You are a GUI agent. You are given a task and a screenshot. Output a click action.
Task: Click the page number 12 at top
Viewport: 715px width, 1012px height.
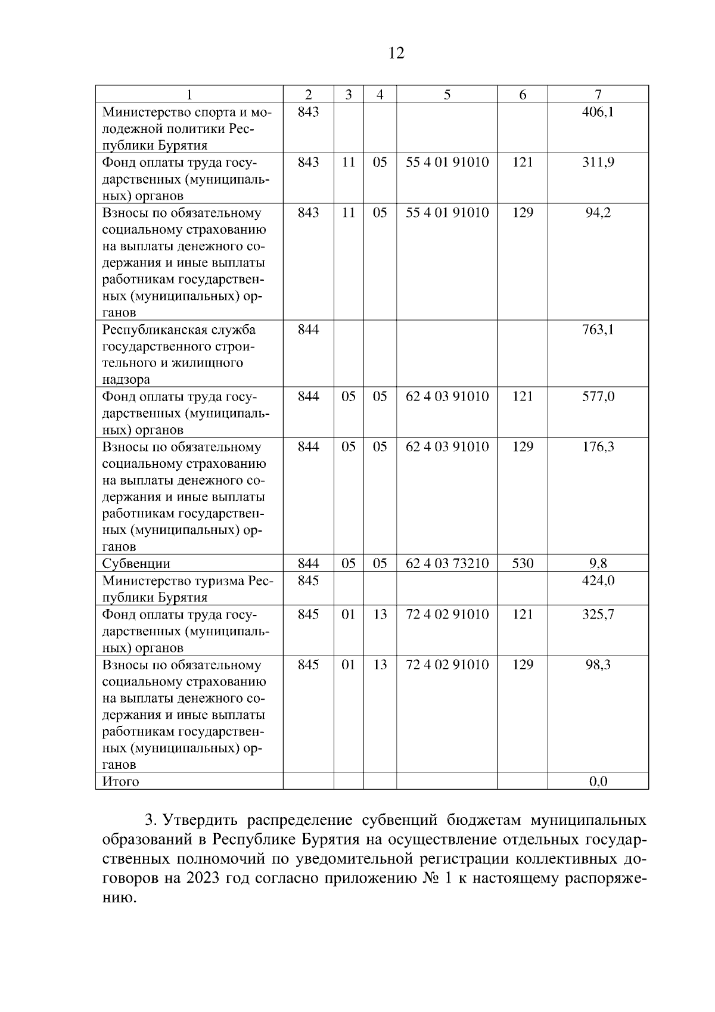pos(396,54)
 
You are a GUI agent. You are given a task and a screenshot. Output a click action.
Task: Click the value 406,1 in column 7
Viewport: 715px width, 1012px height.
pos(598,111)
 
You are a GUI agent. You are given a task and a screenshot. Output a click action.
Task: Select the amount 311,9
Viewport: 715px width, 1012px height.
pos(598,162)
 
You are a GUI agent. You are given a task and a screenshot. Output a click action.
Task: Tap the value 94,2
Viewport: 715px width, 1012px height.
pos(598,213)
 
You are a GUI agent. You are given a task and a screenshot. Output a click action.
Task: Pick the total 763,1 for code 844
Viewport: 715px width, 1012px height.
pos(598,329)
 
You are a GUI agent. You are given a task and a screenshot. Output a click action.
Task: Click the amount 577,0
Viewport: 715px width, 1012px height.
pos(598,396)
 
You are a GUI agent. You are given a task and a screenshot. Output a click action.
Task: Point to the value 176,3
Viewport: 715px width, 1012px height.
pos(598,446)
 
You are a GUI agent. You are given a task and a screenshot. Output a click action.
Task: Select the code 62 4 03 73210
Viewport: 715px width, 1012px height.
pos(447,563)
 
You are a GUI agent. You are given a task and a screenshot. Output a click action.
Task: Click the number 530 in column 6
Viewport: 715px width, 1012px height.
pos(523,563)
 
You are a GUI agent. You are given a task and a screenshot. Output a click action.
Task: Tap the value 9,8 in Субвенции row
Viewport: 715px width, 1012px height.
pos(598,563)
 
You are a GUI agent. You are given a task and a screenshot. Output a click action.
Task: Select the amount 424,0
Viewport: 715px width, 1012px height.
pos(598,580)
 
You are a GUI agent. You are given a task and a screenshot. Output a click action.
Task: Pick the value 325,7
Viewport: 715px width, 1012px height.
pos(598,614)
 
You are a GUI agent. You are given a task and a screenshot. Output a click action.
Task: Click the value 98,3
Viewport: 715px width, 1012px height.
pos(598,665)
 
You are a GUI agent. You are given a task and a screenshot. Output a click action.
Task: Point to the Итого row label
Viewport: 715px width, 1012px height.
pos(121,781)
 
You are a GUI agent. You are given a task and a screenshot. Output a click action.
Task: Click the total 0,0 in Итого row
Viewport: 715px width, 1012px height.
pos(598,781)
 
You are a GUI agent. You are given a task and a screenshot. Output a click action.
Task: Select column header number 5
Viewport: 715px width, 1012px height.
pos(447,94)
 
